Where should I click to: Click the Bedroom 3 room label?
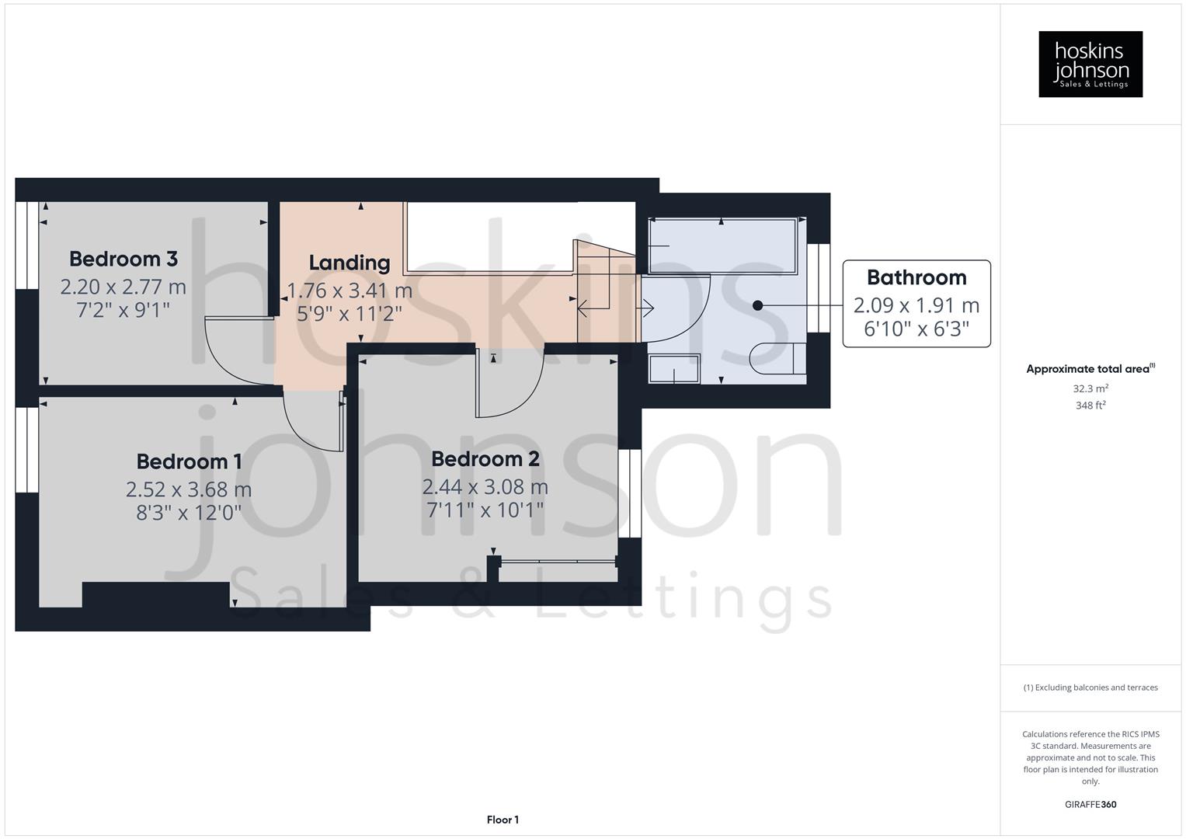[x=123, y=259]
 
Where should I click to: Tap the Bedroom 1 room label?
[x=189, y=461]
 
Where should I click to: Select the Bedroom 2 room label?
[x=485, y=459]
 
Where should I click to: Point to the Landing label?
[x=350, y=263]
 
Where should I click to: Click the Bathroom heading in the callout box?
[x=916, y=277]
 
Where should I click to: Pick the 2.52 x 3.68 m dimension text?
[x=189, y=489]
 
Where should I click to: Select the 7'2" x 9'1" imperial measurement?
[x=123, y=310]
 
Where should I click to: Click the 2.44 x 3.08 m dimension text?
[x=485, y=487]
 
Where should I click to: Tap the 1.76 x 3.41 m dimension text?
[x=350, y=291]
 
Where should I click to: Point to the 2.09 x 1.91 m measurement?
[x=916, y=305]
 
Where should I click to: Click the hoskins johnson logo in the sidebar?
[x=1090, y=64]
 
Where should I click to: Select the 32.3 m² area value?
[x=1090, y=388]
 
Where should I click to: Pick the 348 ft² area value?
[x=1090, y=406]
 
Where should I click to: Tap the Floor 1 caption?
[x=503, y=820]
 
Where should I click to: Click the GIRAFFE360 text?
[x=1090, y=804]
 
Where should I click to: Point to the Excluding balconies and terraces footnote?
[x=1090, y=688]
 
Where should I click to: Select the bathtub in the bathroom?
[x=722, y=246]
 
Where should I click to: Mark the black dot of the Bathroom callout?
[x=757, y=306]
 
